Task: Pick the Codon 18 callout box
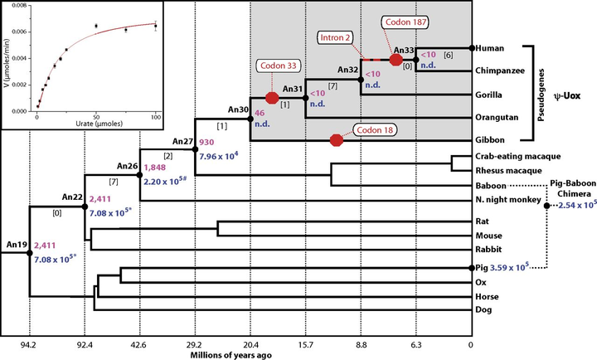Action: pyautogui.click(x=377, y=130)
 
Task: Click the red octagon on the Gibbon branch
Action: pyautogui.click(x=336, y=140)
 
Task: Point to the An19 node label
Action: pyautogui.click(x=17, y=245)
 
